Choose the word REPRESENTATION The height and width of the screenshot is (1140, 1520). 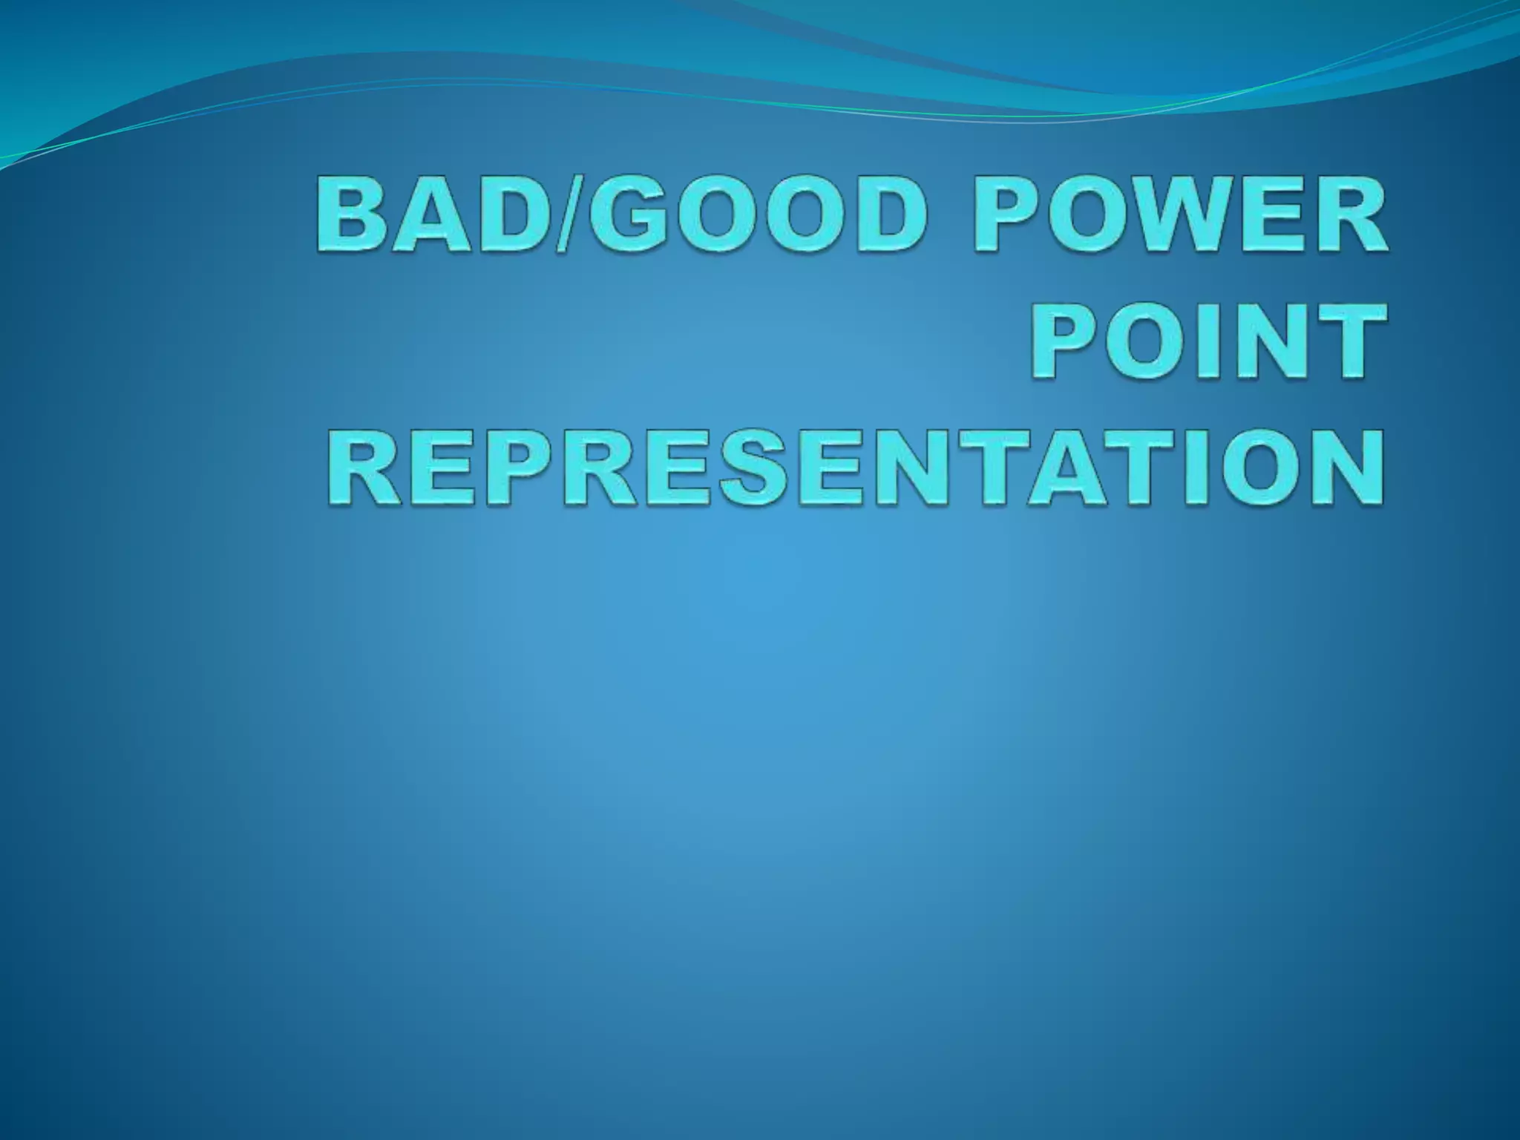[x=854, y=466]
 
